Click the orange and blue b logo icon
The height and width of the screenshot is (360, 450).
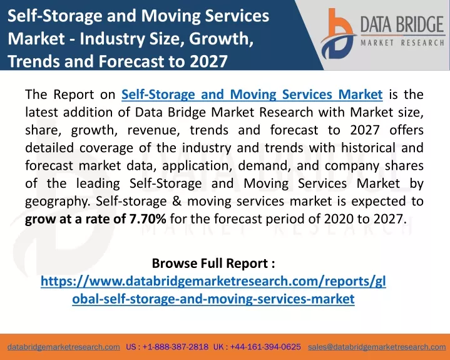tap(337, 34)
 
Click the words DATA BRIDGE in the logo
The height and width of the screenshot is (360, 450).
tap(402, 24)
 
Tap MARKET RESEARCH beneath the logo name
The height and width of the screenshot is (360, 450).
tap(402, 43)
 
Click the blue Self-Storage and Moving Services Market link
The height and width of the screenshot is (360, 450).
tap(252, 95)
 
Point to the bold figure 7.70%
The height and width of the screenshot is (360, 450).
tap(148, 219)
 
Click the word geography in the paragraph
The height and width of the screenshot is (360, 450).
tap(56, 202)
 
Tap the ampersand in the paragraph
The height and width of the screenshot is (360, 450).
tap(176, 201)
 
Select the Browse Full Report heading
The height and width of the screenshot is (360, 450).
tap(213, 263)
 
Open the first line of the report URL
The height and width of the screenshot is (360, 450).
tap(213, 281)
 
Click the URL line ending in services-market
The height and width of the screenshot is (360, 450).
tap(213, 299)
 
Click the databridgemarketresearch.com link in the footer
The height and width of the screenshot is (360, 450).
tap(64, 347)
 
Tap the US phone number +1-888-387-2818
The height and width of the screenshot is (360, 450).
tap(175, 347)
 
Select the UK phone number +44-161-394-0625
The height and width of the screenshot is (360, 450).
tap(265, 347)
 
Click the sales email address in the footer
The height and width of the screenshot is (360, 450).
tap(377, 347)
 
